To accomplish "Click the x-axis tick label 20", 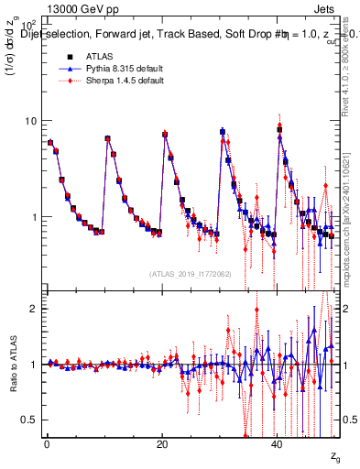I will (x=161, y=444).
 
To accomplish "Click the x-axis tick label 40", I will (x=277, y=444).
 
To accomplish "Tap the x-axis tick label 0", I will (x=46, y=444).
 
